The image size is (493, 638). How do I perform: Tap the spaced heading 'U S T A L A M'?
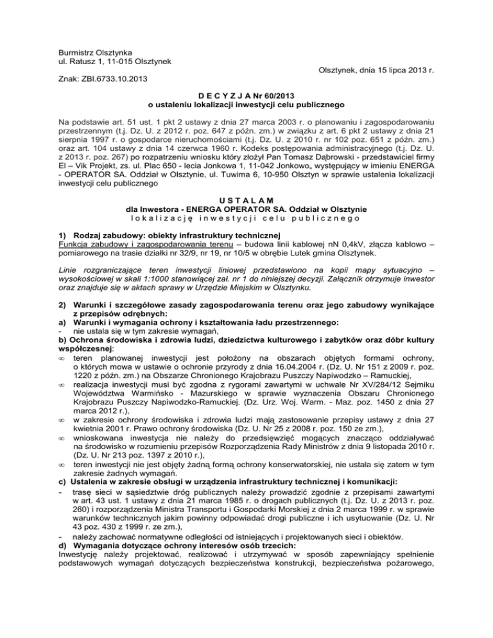(x=246, y=190)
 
